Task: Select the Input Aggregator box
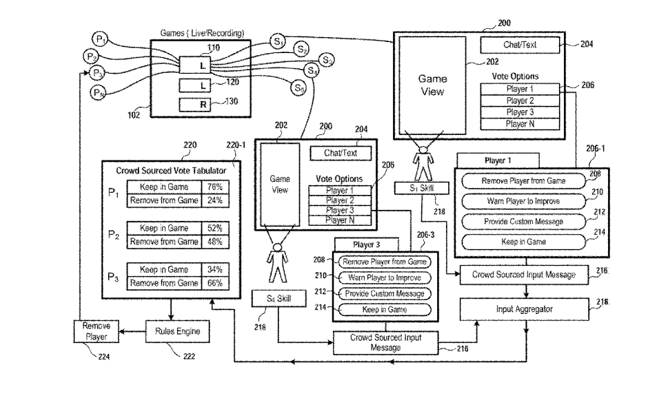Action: [524, 309]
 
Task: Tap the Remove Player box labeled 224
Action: [95, 331]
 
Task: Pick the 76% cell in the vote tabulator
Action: [214, 187]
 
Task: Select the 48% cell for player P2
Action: [214, 242]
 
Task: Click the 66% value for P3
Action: [214, 283]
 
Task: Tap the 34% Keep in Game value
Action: [214, 269]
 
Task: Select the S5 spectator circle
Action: [298, 87]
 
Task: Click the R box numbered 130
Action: [202, 105]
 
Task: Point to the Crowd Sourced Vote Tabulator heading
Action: [170, 169]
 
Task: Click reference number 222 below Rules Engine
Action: [188, 356]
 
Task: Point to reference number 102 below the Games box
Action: [134, 115]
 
